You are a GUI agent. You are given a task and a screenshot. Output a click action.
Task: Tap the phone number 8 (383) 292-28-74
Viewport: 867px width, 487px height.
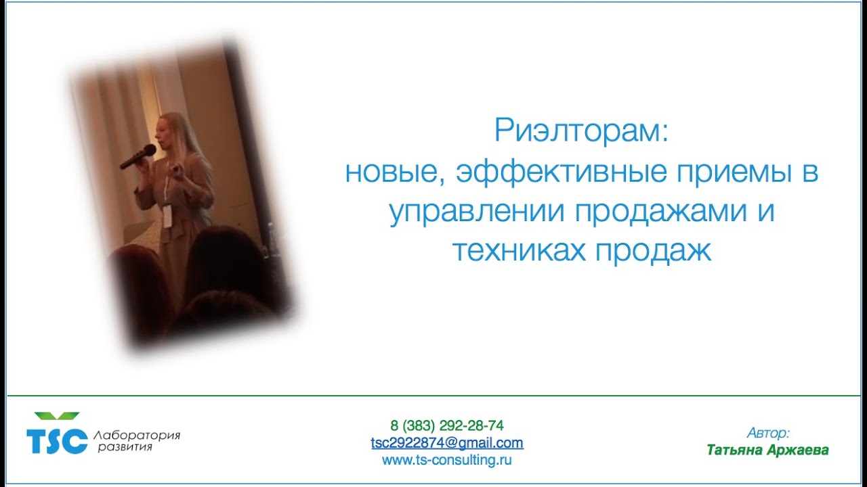pyautogui.click(x=447, y=426)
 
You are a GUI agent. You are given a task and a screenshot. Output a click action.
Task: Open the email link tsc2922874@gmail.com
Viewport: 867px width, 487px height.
pyautogui.click(x=447, y=444)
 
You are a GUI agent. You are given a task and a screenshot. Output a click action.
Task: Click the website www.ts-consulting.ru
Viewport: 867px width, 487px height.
pyautogui.click(x=447, y=461)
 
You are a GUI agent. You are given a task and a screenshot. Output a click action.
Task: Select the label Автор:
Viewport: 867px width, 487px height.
pyautogui.click(x=768, y=433)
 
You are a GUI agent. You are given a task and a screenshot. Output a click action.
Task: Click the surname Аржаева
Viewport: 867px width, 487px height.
pyautogui.click(x=798, y=450)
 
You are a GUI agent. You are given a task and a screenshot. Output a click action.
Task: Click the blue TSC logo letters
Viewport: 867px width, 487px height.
pyautogui.click(x=57, y=440)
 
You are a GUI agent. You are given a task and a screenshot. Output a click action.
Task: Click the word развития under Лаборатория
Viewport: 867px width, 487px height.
pyautogui.click(x=125, y=447)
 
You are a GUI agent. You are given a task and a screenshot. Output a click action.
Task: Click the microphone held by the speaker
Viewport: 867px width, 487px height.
pyautogui.click(x=138, y=157)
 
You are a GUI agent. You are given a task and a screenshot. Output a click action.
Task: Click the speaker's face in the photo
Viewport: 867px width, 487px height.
pyautogui.click(x=167, y=135)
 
